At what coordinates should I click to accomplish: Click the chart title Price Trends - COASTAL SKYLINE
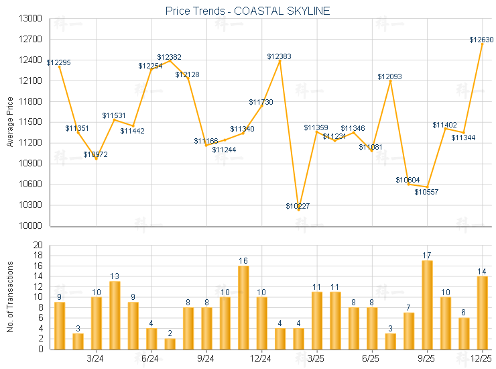point(247,11)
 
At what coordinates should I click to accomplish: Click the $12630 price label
point(481,40)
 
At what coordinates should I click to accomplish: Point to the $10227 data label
point(298,206)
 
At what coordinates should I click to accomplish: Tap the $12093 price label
point(389,77)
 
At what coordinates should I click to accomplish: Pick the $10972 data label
point(95,154)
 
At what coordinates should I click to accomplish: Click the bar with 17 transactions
point(427,305)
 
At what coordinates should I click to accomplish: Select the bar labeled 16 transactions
point(243,307)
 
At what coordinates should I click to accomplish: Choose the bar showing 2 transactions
point(170,344)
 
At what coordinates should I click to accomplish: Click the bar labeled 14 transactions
point(482,313)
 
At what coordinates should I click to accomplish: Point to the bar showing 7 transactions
point(409,331)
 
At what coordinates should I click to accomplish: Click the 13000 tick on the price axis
point(29,19)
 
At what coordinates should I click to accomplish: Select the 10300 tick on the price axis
point(29,205)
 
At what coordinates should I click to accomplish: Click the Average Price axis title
point(10,122)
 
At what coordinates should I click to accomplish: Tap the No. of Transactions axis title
point(10,297)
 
